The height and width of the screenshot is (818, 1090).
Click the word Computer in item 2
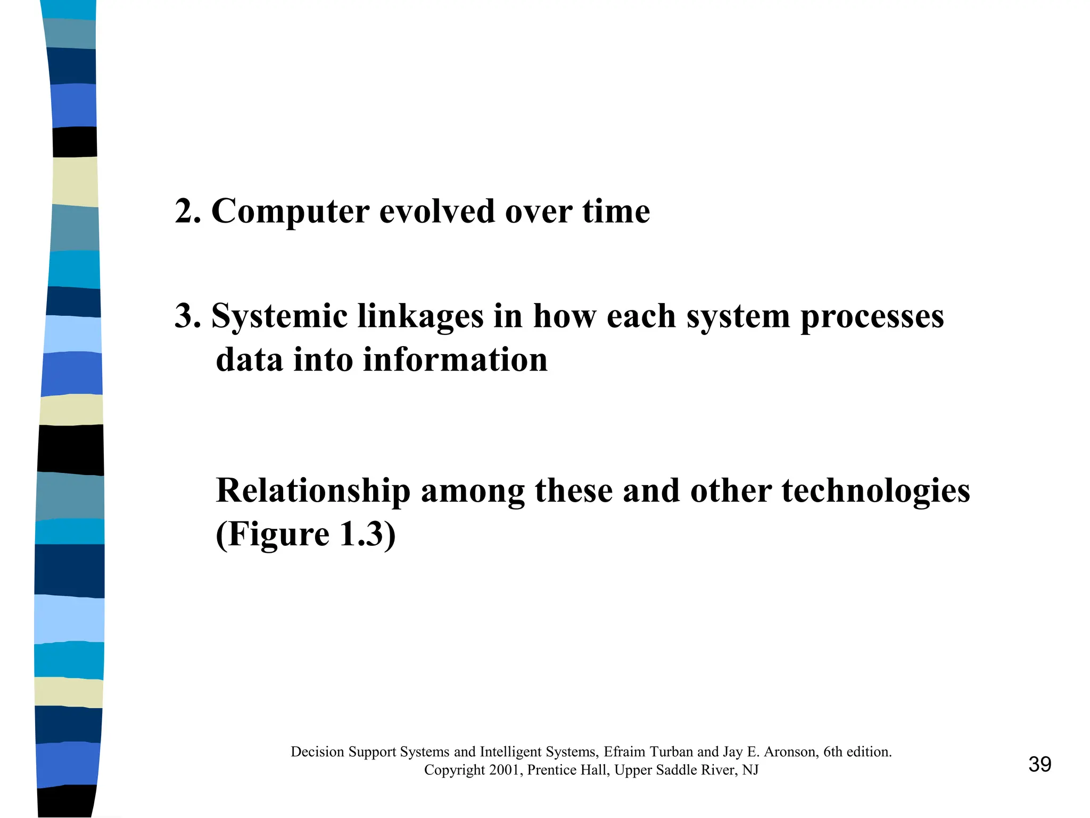[x=290, y=212]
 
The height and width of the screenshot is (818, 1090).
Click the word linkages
[x=420, y=316]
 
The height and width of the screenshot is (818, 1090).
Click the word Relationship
[x=313, y=490]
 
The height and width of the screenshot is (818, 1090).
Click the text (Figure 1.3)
[x=305, y=534]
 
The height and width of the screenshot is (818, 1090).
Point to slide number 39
[x=1039, y=764]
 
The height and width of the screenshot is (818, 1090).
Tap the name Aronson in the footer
[x=790, y=751]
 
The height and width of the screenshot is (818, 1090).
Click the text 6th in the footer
[x=833, y=751]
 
